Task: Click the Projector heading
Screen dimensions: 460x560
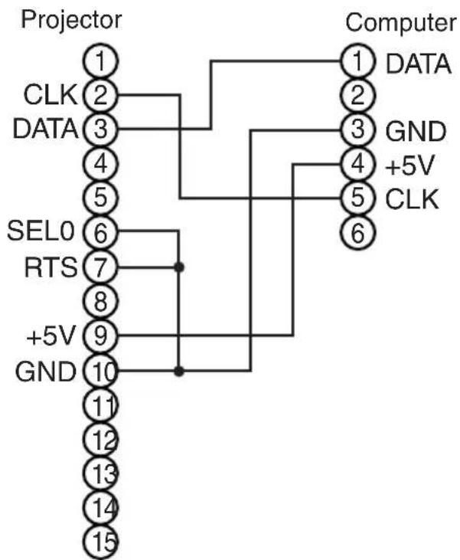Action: (71, 21)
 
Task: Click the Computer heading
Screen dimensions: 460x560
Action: (401, 24)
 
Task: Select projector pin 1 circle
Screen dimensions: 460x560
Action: (100, 61)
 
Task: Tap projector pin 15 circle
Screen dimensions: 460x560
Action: (100, 542)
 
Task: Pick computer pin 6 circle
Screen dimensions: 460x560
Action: (358, 232)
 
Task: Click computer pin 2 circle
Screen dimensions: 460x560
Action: (358, 95)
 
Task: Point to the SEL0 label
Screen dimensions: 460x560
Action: (41, 231)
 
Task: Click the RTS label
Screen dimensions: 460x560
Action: (51, 267)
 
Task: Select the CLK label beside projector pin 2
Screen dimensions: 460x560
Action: (51, 95)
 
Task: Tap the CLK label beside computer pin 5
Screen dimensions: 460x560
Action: (413, 199)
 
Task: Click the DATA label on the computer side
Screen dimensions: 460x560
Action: (419, 64)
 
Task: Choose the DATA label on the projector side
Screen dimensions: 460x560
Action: (45, 129)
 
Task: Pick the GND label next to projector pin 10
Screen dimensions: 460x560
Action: (46, 372)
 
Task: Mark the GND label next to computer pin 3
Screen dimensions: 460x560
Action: (416, 132)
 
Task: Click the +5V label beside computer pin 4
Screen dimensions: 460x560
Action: (410, 166)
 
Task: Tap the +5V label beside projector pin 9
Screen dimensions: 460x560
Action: (51, 336)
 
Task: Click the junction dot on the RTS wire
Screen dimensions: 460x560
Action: (179, 267)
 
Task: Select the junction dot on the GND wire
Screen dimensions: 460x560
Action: (179, 372)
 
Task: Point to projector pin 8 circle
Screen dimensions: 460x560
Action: (100, 301)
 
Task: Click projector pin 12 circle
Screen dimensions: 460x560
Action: (100, 439)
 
